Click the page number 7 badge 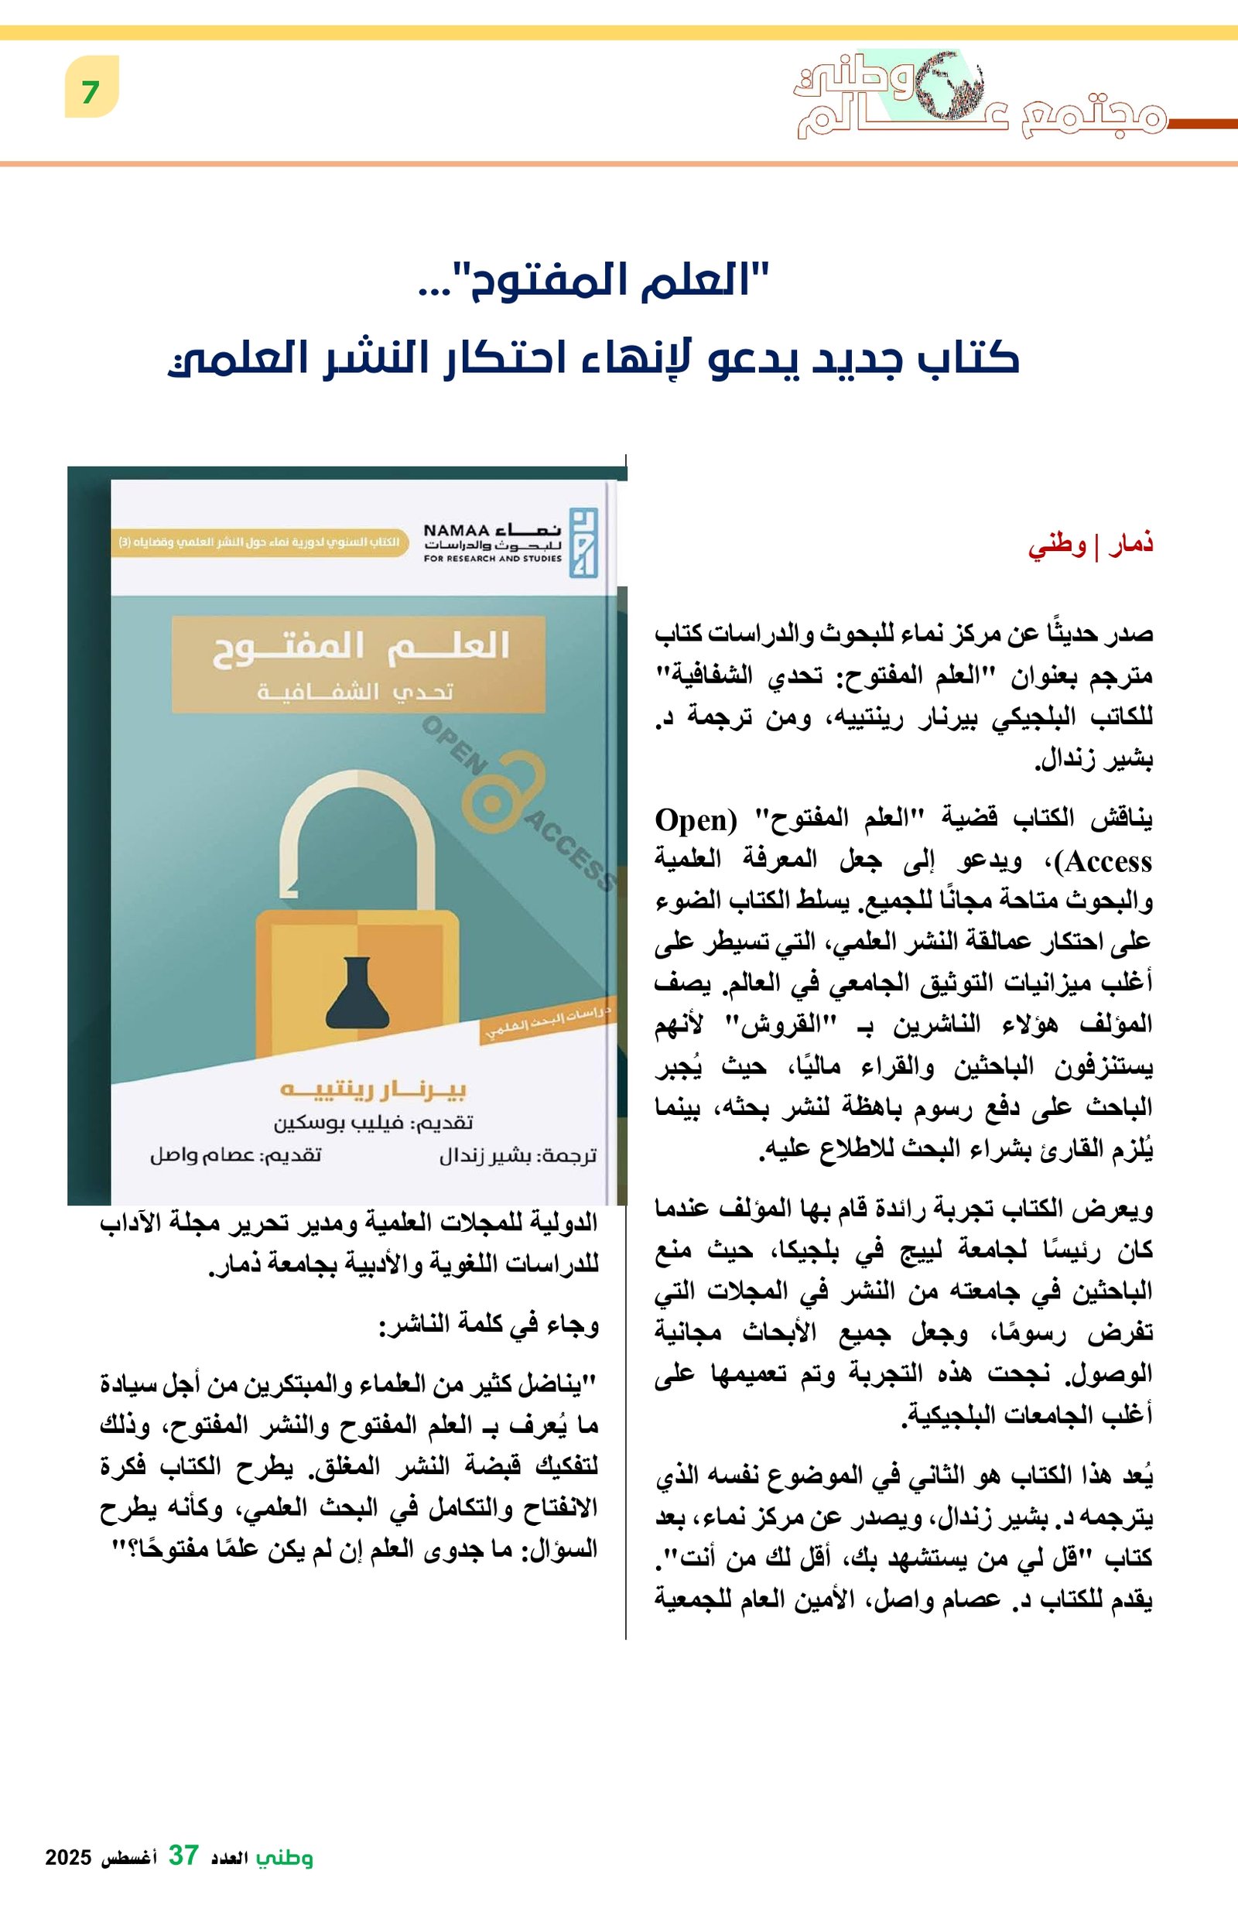click(x=91, y=92)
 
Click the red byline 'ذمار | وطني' click(x=1090, y=546)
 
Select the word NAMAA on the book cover click(x=456, y=530)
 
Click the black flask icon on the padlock click(x=357, y=994)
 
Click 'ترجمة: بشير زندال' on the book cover click(x=518, y=1156)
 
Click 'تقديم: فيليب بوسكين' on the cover click(x=373, y=1122)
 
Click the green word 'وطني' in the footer click(x=285, y=1856)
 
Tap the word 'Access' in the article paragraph click(x=1108, y=862)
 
